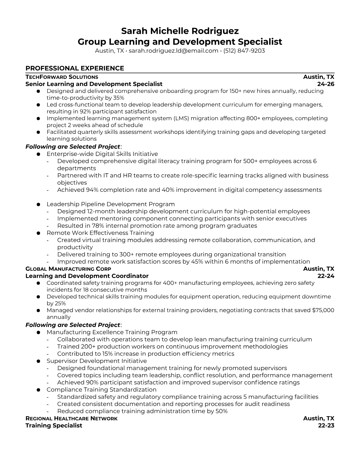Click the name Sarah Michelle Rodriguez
point(180,31)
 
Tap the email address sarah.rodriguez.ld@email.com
point(174,51)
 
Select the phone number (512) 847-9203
point(244,51)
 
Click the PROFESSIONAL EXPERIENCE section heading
point(75,68)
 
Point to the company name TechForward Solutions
point(62,77)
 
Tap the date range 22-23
point(326,425)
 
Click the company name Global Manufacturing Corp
point(68,269)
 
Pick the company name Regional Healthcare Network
point(71,418)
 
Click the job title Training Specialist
point(54,425)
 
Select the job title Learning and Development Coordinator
point(87,276)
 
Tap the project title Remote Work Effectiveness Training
point(100,233)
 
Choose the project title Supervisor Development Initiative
point(97,361)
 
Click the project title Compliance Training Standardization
point(101,390)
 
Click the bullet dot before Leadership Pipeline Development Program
point(38,204)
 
